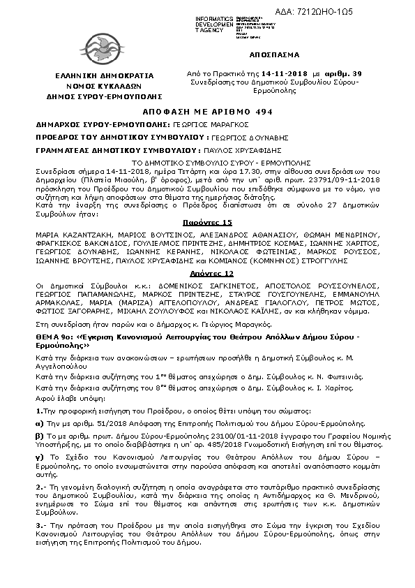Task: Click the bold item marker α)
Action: click(40, 423)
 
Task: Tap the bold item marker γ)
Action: click(40, 457)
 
